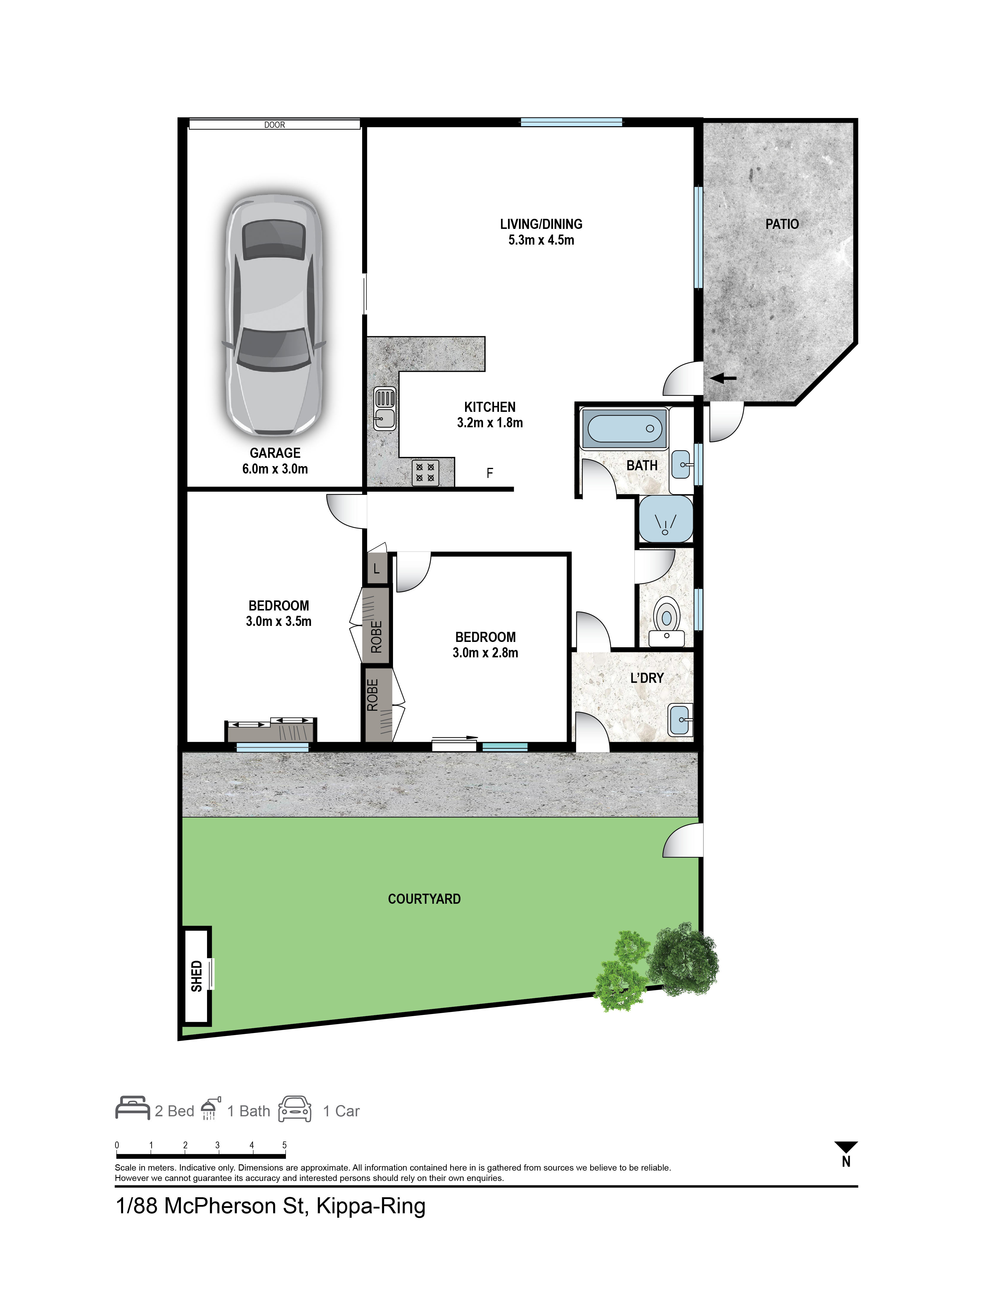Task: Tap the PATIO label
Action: coord(782,224)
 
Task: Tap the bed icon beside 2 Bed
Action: coord(132,1108)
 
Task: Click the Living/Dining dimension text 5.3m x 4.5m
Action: coord(541,240)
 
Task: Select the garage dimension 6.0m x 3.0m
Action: coord(275,469)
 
